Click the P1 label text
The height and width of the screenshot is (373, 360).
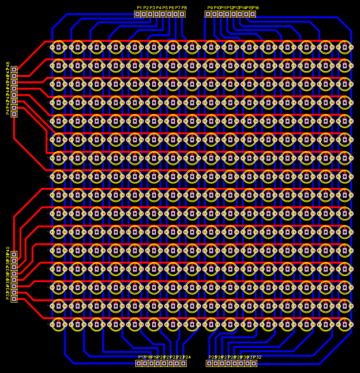coord(139,8)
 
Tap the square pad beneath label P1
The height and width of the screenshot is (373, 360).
coord(138,14)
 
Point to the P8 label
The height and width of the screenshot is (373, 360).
coord(184,8)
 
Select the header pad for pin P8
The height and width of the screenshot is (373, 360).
coord(182,14)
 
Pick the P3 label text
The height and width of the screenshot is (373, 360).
coord(152,8)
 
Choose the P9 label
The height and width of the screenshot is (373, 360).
coord(210,8)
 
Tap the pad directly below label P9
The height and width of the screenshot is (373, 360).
coord(208,14)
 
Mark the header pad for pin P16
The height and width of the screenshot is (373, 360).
coord(253,14)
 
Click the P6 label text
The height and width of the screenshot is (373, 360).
coord(171,8)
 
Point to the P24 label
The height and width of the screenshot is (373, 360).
coord(187,357)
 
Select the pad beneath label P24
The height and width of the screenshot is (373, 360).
coord(183,363)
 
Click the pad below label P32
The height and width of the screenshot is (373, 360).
coord(253,363)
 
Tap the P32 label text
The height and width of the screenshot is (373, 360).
coord(257,357)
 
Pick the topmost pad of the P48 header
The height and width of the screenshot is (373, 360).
coord(14,69)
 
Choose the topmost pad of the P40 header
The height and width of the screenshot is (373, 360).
coord(14,254)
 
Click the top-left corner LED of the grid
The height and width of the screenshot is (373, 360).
coord(58,47)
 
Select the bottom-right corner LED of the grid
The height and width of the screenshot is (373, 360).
coord(345,324)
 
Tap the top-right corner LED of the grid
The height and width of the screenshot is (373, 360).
coord(345,47)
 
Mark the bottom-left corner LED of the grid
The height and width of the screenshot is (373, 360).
coord(58,324)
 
